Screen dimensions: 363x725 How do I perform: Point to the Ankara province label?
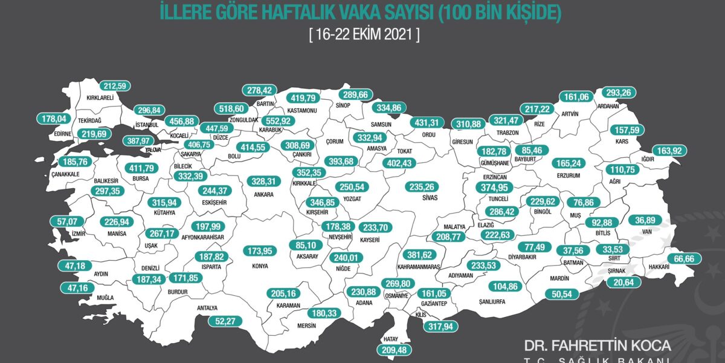264,195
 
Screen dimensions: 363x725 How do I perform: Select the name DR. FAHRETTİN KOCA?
598,345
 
